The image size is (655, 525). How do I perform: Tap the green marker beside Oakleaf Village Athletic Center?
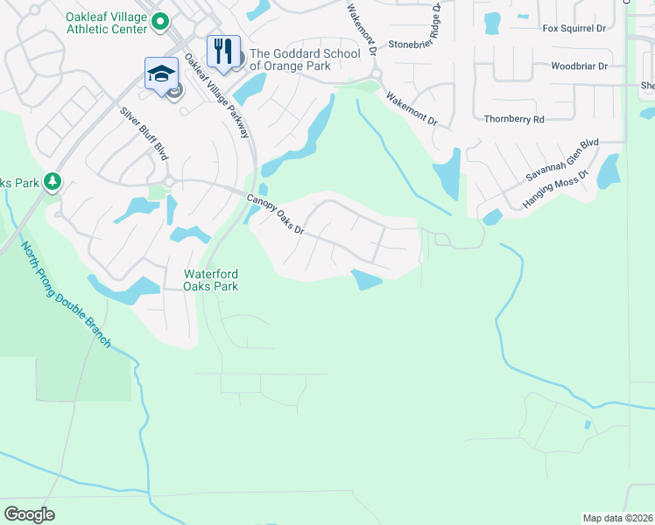pyautogui.click(x=159, y=20)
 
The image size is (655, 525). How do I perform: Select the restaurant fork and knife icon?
pyautogui.click(x=223, y=52)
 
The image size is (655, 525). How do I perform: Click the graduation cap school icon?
pyautogui.click(x=162, y=73)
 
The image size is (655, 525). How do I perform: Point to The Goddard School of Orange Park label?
pyautogui.click(x=305, y=59)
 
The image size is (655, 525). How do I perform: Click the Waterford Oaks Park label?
pyautogui.click(x=210, y=280)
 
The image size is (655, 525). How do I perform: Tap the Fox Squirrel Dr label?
pyautogui.click(x=574, y=29)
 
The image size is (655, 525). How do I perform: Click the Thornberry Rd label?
pyautogui.click(x=514, y=119)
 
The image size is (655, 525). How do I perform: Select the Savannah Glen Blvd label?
pyautogui.click(x=561, y=159)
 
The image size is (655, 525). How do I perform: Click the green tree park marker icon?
pyautogui.click(x=53, y=181)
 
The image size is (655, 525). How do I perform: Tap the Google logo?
pyautogui.click(x=29, y=514)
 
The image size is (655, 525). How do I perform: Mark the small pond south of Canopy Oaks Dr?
pyautogui.click(x=367, y=279)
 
